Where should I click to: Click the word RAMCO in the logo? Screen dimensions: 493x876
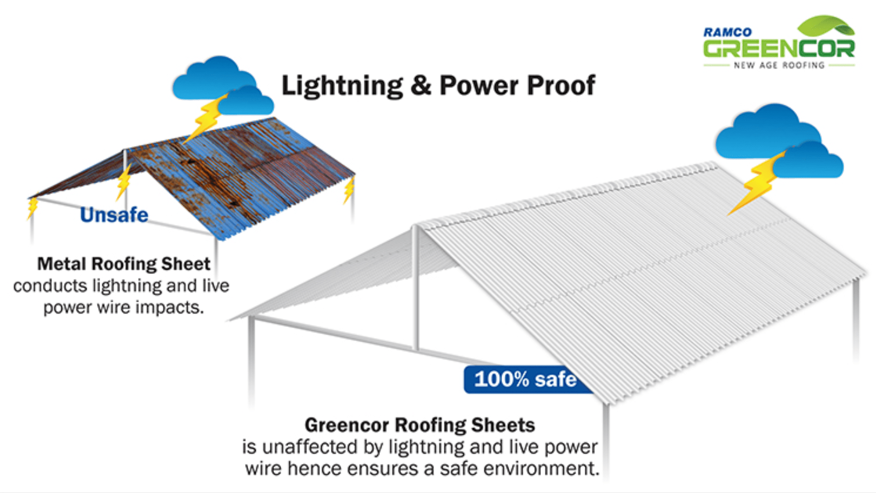(x=727, y=32)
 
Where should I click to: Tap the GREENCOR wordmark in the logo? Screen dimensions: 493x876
(x=778, y=49)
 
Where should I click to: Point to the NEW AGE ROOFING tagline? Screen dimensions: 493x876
(x=779, y=65)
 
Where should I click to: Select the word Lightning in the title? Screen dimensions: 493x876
(x=342, y=86)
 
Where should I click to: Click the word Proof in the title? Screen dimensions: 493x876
(x=561, y=85)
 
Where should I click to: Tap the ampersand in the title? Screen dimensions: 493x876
(x=421, y=85)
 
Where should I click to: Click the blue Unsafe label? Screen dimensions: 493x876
(x=114, y=215)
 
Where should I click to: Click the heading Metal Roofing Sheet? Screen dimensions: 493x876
(x=123, y=264)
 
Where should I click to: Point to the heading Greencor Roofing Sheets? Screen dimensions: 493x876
(x=420, y=425)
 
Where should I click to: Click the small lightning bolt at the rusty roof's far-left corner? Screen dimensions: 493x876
(x=32, y=207)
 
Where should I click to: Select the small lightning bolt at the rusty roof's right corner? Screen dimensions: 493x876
(x=349, y=190)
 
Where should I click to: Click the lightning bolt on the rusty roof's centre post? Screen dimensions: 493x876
(x=123, y=182)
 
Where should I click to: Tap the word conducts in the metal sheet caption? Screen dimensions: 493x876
(x=50, y=286)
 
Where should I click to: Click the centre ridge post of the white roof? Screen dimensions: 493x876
(x=416, y=289)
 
